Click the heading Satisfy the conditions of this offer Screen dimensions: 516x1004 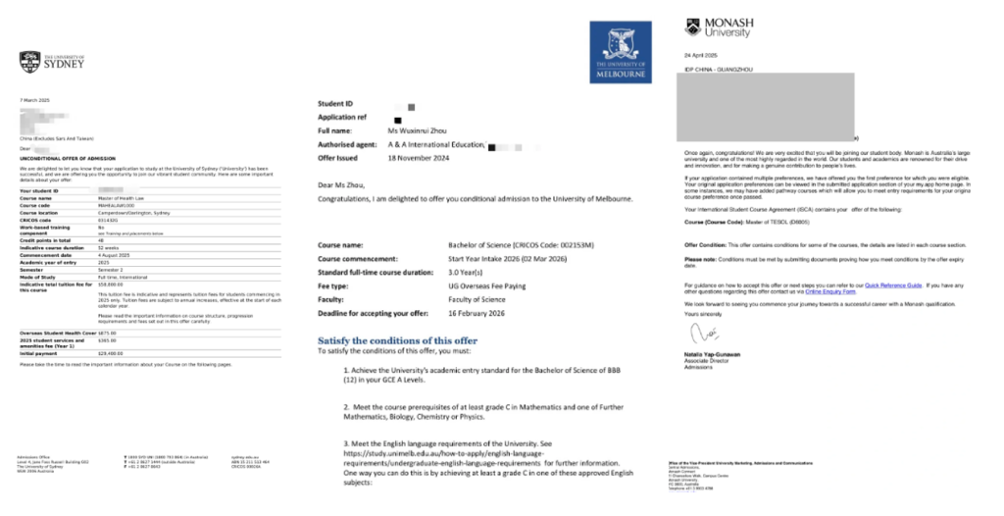point(397,340)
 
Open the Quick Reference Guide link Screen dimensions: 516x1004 point(899,284)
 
